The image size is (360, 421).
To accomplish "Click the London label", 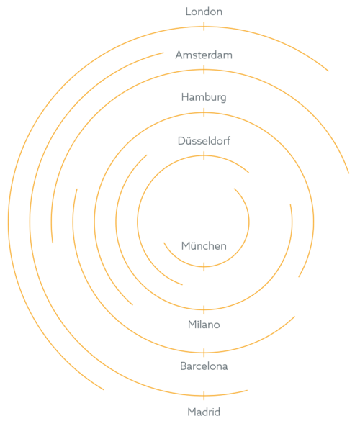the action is point(204,12).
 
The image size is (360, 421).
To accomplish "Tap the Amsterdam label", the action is point(204,55).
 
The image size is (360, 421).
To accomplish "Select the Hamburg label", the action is point(204,97).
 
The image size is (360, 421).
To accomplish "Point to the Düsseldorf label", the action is point(204,140).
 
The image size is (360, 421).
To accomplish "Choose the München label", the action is point(204,245).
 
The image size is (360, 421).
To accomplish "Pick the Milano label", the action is point(204,325).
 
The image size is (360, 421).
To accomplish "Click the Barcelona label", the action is point(204,366).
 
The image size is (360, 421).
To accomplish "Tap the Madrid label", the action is point(204,412).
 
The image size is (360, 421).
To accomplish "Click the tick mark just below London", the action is point(204,27).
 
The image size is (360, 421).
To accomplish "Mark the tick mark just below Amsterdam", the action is point(204,70).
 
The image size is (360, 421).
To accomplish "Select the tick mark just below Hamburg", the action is point(204,112).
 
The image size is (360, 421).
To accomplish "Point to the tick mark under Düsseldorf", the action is point(204,155).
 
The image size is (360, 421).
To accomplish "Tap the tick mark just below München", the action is point(204,267).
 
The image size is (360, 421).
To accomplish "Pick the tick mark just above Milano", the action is point(204,310).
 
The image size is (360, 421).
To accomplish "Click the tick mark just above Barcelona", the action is point(204,353).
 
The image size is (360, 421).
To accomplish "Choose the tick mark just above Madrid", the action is point(204,396).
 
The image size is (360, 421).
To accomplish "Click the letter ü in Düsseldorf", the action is point(188,141).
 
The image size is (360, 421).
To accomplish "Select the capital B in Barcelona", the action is point(184,366).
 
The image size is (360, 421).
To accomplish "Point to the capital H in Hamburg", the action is point(185,97).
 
